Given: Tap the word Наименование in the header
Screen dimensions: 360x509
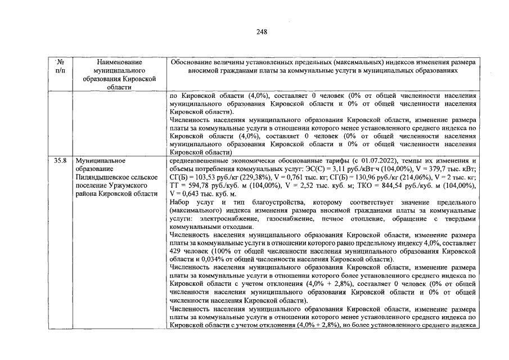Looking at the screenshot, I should pyautogui.click(x=119, y=61).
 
